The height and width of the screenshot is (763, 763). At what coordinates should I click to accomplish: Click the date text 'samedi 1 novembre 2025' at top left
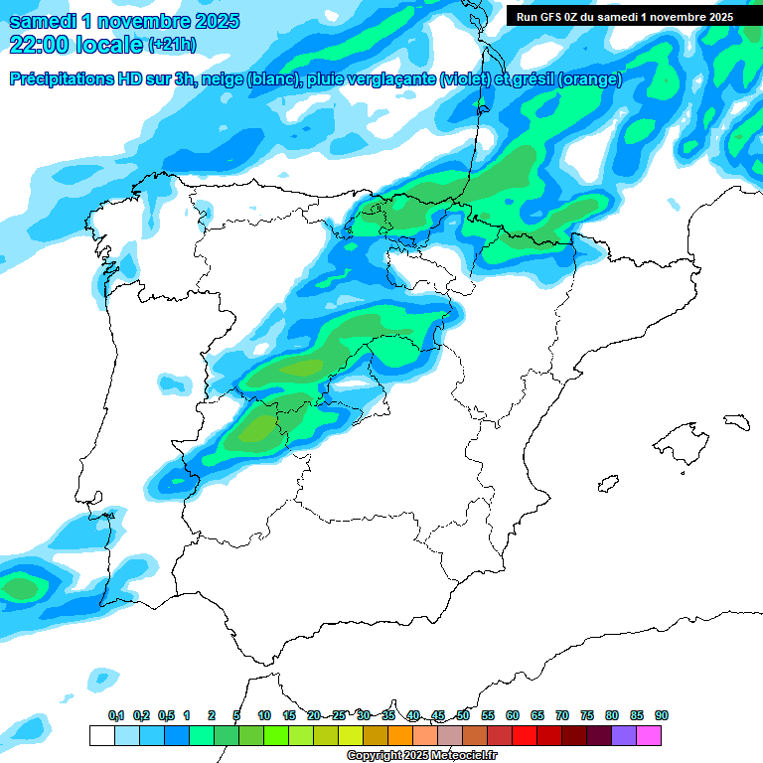pos(124,21)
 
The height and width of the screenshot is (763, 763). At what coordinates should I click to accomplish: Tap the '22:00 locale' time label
pos(76,45)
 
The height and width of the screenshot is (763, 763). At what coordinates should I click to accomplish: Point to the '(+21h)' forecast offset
pos(172,45)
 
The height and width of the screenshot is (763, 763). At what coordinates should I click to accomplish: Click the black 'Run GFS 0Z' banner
pos(624,16)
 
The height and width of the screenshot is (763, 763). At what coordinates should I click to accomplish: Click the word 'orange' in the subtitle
pos(590,79)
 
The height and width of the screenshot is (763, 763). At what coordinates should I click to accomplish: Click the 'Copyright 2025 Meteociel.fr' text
pos(421,756)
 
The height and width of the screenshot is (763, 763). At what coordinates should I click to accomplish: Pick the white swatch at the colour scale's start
pos(101,736)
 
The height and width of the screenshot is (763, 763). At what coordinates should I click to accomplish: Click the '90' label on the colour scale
pos(662,715)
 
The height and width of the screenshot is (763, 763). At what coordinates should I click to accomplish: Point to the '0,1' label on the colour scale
pos(116,715)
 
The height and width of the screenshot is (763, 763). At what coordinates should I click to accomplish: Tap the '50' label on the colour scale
pos(463,715)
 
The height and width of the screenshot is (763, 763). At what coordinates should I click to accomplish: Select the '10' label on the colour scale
pos(264,715)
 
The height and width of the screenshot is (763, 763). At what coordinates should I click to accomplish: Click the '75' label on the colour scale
pos(587,715)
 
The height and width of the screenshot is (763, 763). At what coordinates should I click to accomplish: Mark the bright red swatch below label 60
pos(525,736)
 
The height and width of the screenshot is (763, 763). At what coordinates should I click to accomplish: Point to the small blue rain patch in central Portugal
pos(174,381)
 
